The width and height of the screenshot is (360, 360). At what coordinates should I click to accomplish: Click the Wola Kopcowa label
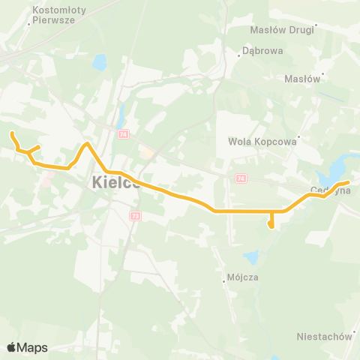coord(262,140)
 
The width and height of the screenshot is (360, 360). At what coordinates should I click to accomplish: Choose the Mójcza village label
coord(242,277)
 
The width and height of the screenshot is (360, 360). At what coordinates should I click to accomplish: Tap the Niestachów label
coord(324,337)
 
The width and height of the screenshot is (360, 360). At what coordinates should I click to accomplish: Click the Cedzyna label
coord(331,190)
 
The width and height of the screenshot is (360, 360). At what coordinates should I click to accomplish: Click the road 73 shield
coord(136,216)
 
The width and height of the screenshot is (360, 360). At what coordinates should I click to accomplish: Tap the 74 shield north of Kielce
coord(124,133)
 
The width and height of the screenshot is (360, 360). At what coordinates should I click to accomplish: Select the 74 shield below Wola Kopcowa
coord(240,178)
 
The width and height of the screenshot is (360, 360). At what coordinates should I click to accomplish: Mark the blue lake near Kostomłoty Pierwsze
coord(100,64)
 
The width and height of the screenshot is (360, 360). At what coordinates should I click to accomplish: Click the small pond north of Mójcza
coord(250,258)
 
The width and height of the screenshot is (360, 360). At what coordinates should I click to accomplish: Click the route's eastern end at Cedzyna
coord(349,182)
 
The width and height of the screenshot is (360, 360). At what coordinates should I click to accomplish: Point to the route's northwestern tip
coord(11,133)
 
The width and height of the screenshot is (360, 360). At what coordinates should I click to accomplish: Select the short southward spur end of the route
coord(271,226)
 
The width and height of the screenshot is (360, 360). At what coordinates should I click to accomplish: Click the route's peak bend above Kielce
coord(88,143)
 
